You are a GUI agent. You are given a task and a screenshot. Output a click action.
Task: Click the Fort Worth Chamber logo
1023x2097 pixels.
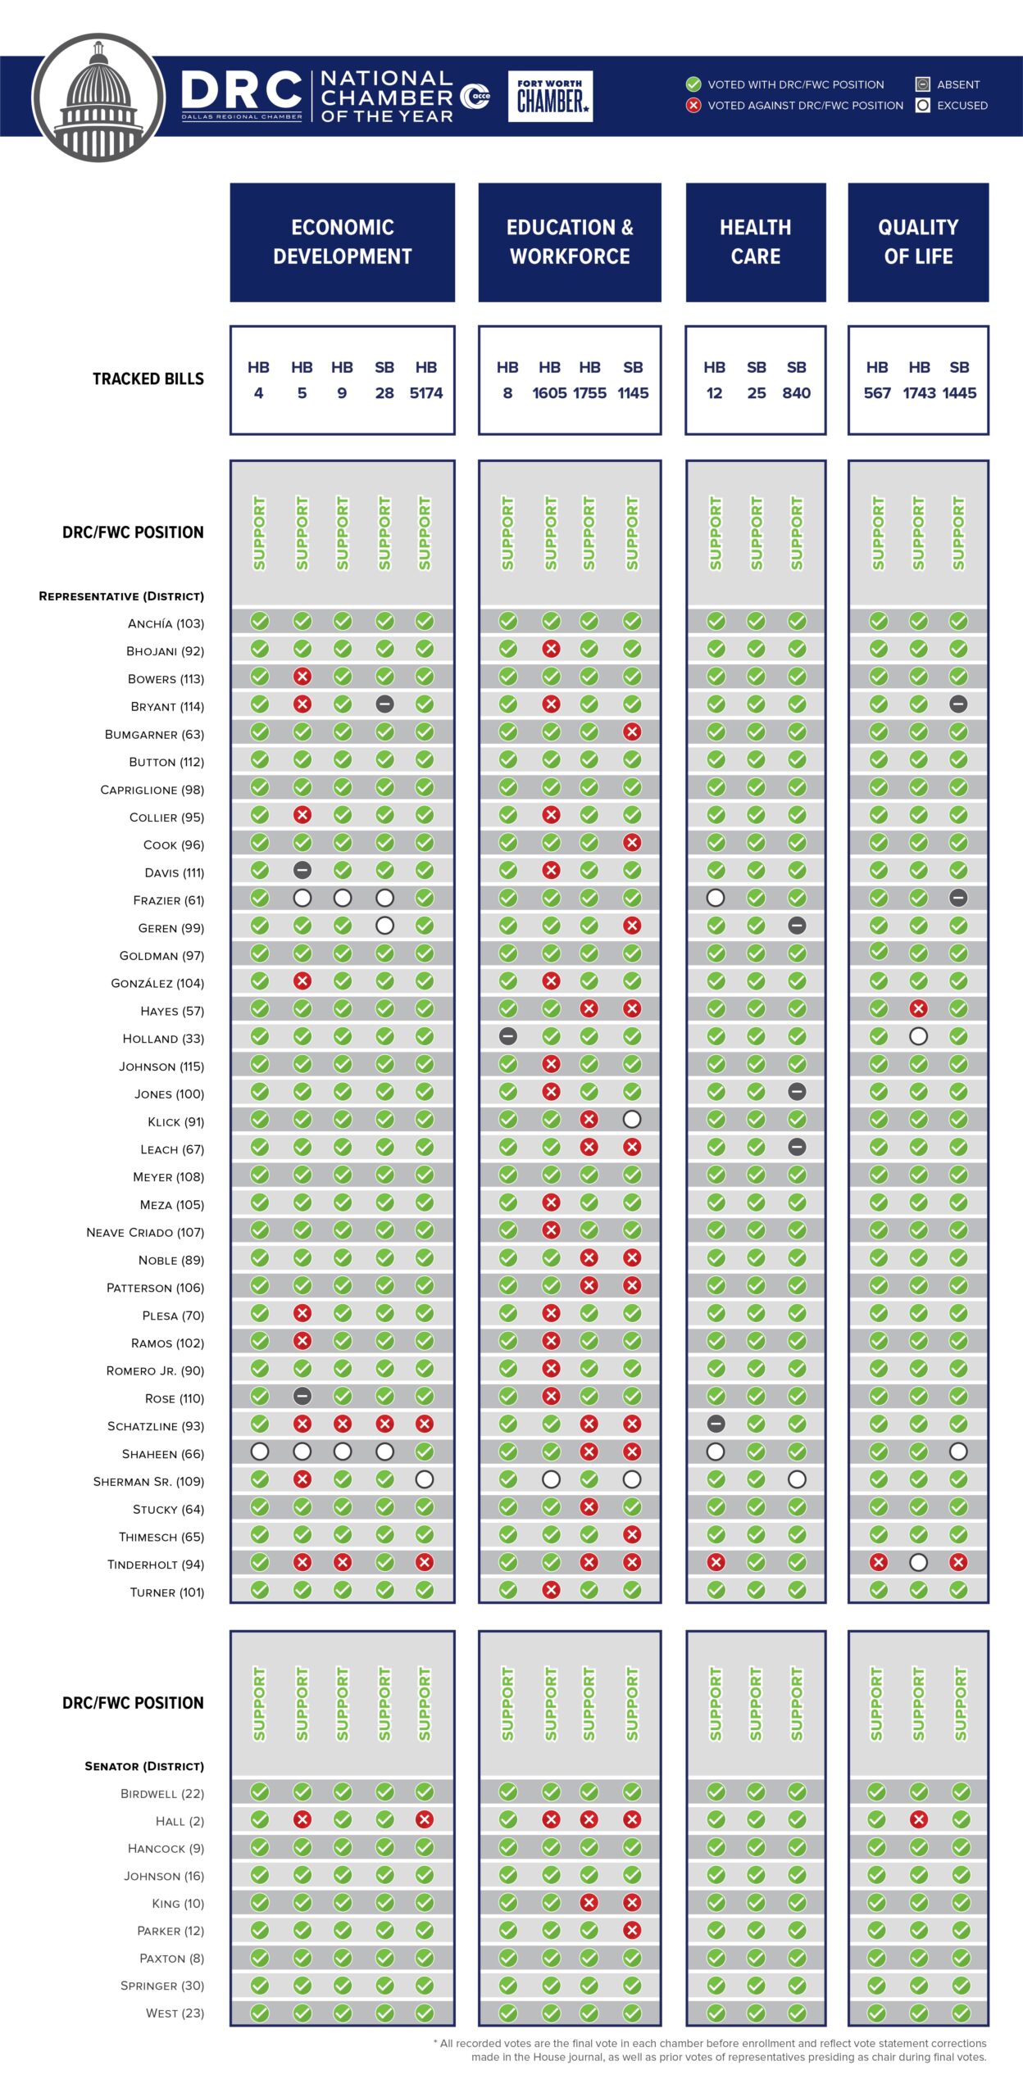pos(550,97)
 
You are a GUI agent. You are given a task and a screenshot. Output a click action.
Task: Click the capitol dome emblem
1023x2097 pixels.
pos(98,97)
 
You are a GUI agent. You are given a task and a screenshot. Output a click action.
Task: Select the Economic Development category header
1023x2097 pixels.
pos(342,242)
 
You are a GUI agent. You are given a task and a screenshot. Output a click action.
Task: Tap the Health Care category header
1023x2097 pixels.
pos(755,242)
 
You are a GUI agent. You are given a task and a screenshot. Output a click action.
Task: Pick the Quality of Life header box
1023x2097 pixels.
pos(918,242)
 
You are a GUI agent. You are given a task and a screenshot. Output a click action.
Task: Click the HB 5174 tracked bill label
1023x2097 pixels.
pos(425,380)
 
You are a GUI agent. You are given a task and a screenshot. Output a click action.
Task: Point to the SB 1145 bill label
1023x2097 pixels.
pos(633,380)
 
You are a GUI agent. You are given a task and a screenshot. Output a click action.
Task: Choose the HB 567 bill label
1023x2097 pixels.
pos(877,380)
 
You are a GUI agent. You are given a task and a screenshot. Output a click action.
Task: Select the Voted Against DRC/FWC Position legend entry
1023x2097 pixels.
pos(794,106)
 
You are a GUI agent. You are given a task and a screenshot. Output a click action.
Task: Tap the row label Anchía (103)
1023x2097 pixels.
pos(166,623)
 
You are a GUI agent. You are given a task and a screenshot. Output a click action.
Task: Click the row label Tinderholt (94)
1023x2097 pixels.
pos(155,1565)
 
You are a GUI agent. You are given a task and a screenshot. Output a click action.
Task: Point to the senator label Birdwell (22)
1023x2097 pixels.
pos(161,1793)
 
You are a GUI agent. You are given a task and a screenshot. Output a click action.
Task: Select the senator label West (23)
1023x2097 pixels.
pos(175,2013)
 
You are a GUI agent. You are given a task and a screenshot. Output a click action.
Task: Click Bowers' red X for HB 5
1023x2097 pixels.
pos(302,677)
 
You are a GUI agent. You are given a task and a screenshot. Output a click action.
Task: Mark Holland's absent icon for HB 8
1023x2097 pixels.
pos(508,1036)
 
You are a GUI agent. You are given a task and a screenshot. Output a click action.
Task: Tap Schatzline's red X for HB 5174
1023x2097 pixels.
pos(425,1424)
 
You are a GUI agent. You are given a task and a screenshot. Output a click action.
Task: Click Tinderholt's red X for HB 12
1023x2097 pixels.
pos(716,1562)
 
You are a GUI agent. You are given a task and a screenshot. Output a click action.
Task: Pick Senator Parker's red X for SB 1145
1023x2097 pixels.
pos(632,1930)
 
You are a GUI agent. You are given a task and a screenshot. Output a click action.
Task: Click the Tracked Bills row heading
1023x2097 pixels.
pos(148,379)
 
